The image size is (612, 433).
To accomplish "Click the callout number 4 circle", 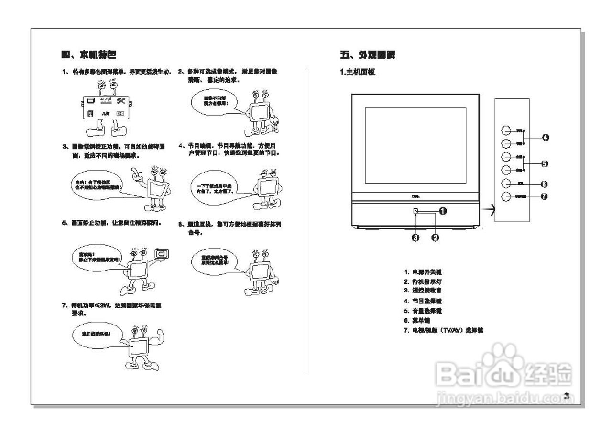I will pos(545,138).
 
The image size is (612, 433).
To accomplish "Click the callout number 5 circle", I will pos(544,164).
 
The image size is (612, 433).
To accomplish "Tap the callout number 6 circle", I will pos(544,184).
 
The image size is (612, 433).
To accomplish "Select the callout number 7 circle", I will pos(544,196).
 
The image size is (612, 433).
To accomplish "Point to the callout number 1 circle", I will pos(443,210).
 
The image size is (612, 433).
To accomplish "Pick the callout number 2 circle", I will pos(435,238).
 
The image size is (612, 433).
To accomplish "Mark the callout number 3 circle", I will pos(415,238).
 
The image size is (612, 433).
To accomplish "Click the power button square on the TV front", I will pos(415,210).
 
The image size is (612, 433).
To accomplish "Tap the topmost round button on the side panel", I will pos(507,130).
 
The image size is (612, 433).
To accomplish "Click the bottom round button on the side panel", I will pos(507,196).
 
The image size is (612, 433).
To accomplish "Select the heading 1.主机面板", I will pos(357,72).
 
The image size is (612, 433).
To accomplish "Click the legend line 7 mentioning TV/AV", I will pos(444,330).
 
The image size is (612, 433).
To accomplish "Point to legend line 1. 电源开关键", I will pos(423,272).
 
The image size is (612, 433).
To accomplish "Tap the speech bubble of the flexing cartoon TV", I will pos(96,333).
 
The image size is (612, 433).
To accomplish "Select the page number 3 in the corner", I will pos(566,395).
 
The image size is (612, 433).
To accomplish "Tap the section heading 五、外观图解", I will pos(367,55).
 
